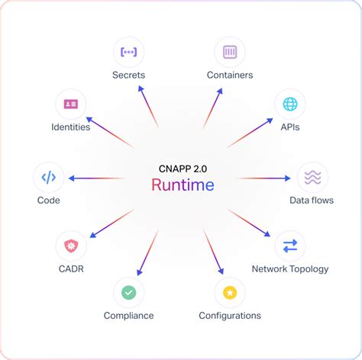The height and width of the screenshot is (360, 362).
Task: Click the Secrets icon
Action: [x=128, y=52]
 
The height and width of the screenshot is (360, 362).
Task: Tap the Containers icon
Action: [x=230, y=52]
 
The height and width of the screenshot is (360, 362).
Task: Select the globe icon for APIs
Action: [x=289, y=103]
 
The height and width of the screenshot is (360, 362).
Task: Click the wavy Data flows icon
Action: [x=312, y=177]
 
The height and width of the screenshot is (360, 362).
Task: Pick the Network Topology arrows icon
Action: [x=290, y=246]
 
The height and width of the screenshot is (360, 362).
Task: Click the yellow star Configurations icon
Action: [x=229, y=292]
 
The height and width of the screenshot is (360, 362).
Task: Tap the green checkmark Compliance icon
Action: [x=128, y=292]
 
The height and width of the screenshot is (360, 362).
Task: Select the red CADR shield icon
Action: [x=71, y=246]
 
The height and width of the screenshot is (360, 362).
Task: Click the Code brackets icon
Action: [x=48, y=177]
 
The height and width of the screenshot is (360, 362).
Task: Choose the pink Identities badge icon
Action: [x=71, y=103]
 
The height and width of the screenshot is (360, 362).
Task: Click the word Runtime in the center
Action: [x=182, y=185]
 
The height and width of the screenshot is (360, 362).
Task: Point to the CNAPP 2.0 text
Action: [x=182, y=167]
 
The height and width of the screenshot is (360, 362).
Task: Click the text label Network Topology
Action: [x=290, y=269]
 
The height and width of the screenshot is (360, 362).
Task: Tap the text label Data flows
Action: [x=312, y=201]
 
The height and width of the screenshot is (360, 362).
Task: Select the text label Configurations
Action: [x=229, y=316]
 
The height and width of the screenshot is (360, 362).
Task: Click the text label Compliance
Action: [x=128, y=316]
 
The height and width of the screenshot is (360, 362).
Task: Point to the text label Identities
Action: [x=71, y=127]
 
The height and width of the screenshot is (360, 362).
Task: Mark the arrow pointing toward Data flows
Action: [x=263, y=178]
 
